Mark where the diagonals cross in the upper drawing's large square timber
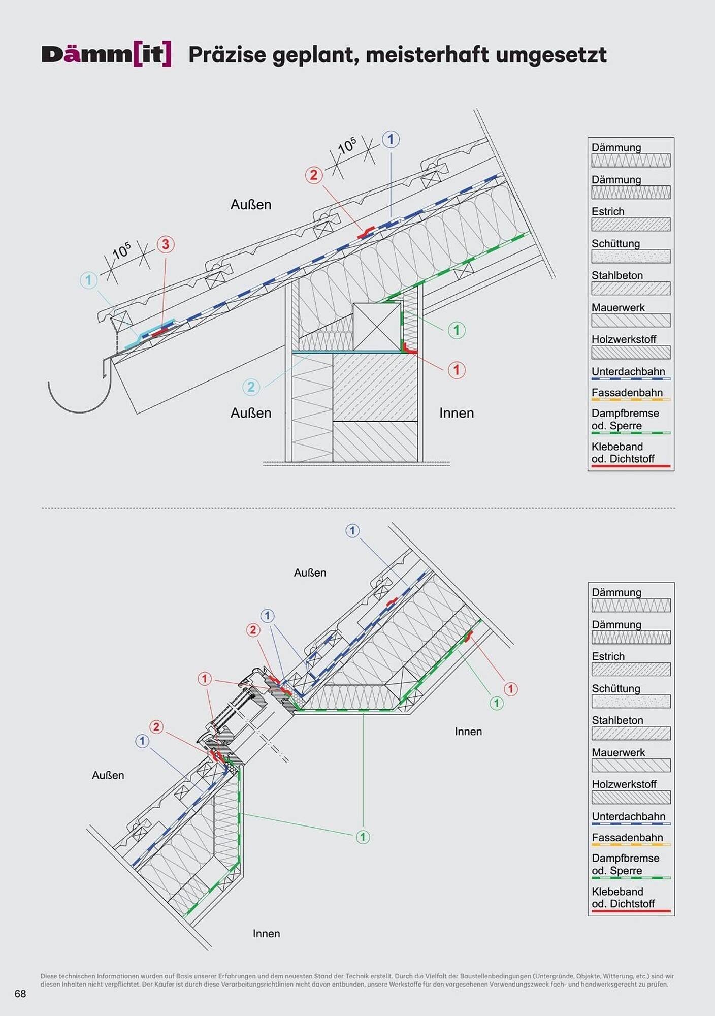(377, 327)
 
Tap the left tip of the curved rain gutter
(49, 382)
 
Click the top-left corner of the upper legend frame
(588, 138)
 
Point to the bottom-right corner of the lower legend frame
(674, 916)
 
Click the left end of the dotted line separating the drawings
(42, 507)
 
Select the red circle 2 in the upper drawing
(314, 175)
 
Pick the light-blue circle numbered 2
(251, 387)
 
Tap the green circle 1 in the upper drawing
(457, 330)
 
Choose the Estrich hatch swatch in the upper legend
(631, 224)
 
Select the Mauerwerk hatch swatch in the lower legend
(631, 765)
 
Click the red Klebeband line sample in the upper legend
(631, 466)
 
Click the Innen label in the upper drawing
(457, 413)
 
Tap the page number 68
(20, 994)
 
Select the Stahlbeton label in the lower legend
(617, 720)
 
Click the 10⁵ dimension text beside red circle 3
(122, 250)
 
